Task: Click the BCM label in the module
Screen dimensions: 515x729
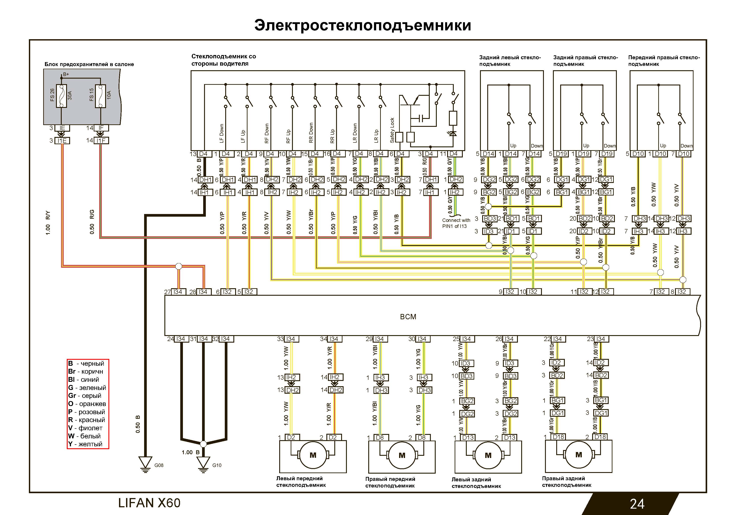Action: pos(408,317)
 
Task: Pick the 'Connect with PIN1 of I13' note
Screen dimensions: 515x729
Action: pos(456,223)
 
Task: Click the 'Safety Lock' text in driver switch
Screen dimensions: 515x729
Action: pos(392,130)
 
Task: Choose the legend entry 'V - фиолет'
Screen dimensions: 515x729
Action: pos(85,428)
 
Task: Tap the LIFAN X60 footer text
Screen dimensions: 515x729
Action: pos(149,503)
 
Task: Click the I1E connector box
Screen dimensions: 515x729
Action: pos(62,140)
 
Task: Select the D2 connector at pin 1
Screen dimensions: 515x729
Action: pos(291,437)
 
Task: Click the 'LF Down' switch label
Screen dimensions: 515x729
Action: pos(222,133)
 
